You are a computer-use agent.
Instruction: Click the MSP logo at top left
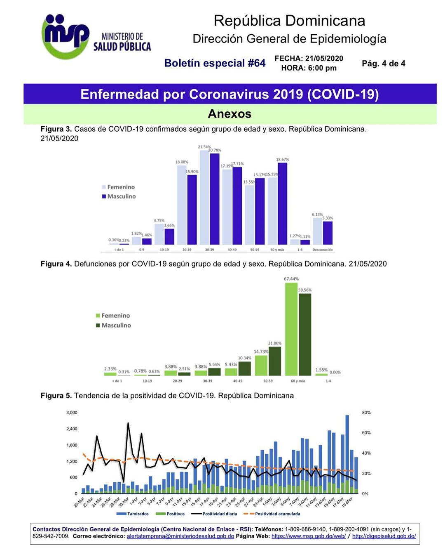[x=66, y=36]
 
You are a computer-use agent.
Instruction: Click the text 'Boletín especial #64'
[x=215, y=63]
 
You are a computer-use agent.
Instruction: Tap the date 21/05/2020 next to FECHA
[x=324, y=59]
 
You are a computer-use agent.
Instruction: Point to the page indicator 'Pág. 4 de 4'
[x=383, y=64]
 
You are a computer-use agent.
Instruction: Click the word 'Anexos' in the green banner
[x=230, y=114]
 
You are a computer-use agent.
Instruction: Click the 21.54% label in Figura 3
[x=204, y=147]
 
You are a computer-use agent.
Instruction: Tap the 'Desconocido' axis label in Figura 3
[x=323, y=250]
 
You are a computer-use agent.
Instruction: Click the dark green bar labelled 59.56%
[x=305, y=334]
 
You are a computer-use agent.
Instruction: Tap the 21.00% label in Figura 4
[x=275, y=343]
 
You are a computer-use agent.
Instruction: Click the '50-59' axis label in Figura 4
[x=268, y=381]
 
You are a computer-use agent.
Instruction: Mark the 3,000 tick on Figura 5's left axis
[x=72, y=413]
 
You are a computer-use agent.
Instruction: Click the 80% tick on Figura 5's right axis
[x=366, y=413]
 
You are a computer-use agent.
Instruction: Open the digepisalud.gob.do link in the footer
[x=384, y=536]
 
